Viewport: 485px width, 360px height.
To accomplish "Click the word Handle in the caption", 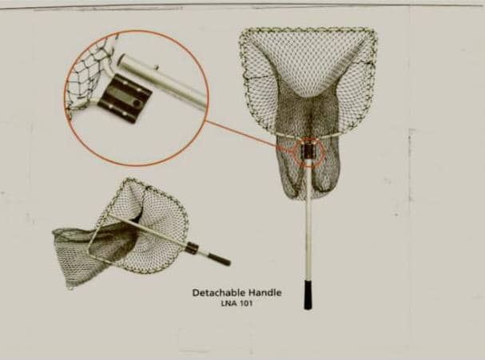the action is (265, 292).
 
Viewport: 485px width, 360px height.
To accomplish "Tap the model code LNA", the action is (229, 303).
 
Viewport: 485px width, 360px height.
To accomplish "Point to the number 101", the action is (247, 303).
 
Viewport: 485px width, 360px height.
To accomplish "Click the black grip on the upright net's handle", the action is (308, 295).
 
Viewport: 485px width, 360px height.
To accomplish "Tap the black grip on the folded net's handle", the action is (219, 259).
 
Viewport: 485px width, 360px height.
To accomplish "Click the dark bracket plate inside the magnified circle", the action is (125, 98).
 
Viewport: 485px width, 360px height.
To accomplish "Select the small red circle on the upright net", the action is (308, 152).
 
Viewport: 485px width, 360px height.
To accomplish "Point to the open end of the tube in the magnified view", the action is (121, 60).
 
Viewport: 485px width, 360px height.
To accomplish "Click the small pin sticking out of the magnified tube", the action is (157, 67).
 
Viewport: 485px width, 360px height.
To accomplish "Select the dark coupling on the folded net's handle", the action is (193, 248).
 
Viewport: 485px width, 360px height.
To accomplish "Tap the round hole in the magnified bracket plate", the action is (137, 102).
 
